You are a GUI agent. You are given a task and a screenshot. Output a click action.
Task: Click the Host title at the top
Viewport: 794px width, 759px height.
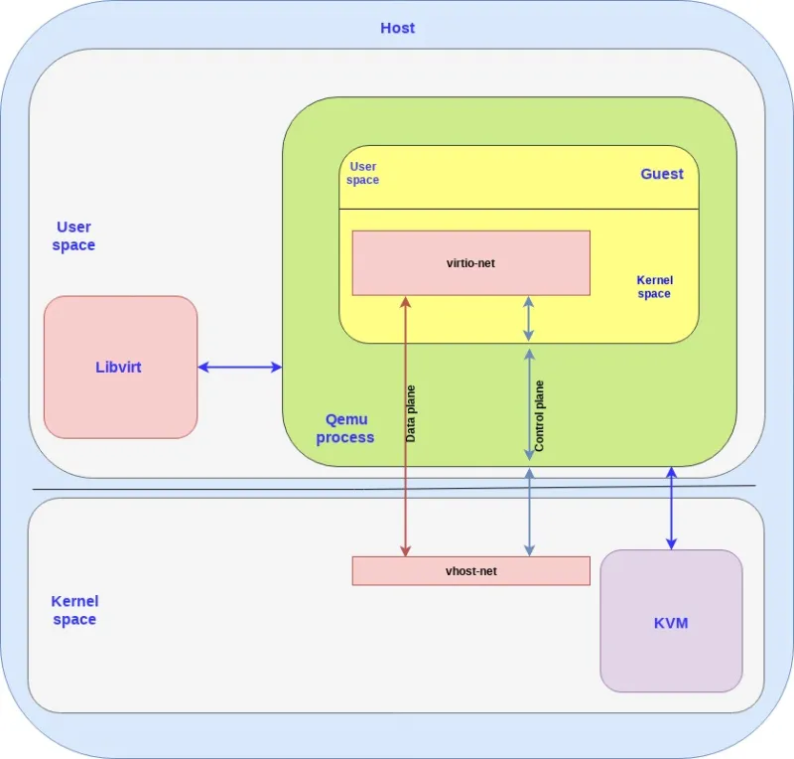(x=397, y=28)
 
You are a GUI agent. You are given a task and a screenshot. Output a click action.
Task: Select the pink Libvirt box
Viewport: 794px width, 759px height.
(x=120, y=367)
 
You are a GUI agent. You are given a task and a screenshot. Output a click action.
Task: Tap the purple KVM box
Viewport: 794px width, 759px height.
(x=671, y=622)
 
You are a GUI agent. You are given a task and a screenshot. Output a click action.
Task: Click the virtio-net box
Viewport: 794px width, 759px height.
(x=470, y=263)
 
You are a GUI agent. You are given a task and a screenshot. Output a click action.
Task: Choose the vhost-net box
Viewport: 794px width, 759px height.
(x=470, y=571)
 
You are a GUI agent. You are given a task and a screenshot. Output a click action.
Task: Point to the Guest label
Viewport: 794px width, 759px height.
(x=661, y=174)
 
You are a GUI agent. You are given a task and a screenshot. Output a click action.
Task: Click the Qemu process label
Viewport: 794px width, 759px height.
(x=345, y=428)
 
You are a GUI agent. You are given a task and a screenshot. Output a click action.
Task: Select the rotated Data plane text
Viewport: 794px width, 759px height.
(x=411, y=412)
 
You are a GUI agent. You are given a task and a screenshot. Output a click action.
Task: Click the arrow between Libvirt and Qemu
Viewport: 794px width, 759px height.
(x=240, y=368)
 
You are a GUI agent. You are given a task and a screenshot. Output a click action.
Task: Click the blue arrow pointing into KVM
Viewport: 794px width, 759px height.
(x=671, y=508)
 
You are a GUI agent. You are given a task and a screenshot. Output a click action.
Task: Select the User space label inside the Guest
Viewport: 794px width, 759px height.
(x=362, y=174)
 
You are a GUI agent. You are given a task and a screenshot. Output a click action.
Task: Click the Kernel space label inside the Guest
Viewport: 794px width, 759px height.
(x=654, y=287)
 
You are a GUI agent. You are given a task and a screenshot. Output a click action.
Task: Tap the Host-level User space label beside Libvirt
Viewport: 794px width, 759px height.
(x=74, y=236)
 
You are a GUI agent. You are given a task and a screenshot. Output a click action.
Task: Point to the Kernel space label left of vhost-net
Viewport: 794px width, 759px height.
(x=74, y=610)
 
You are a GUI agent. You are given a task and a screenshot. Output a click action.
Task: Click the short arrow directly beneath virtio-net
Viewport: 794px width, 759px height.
(x=529, y=319)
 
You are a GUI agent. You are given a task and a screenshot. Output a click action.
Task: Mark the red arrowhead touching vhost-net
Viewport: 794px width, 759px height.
(x=405, y=549)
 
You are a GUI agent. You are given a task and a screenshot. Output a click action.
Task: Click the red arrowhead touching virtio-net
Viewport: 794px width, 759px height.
(x=405, y=302)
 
